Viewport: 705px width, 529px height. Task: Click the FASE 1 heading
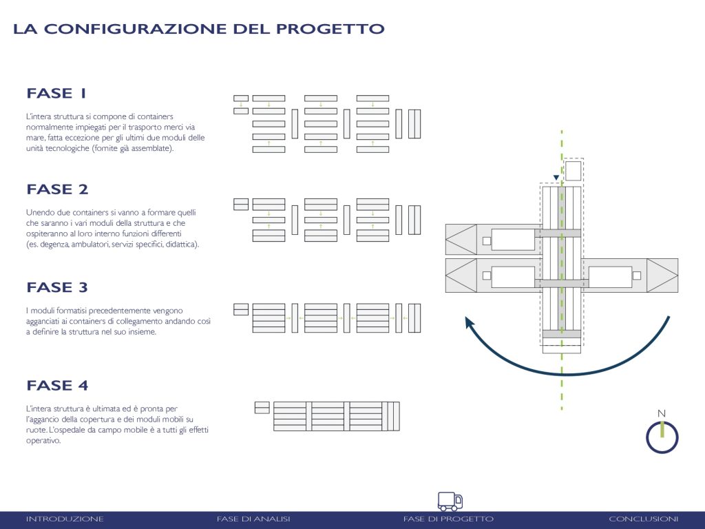coord(56,93)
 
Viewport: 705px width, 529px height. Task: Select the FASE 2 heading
coord(57,189)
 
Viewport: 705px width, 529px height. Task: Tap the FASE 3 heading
coord(57,287)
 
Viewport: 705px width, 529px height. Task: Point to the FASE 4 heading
coord(57,386)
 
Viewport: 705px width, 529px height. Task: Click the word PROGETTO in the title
coord(330,29)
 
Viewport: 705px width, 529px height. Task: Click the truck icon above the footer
coord(450,501)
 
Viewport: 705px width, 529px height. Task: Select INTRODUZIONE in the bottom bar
coord(65,519)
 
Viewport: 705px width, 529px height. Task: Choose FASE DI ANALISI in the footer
coord(253,519)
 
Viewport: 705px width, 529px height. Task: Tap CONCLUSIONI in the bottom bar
coord(644,519)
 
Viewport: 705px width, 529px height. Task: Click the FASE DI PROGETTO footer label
coord(448,519)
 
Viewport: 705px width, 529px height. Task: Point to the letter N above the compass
coord(662,413)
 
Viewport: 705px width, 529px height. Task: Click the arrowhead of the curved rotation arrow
coord(470,322)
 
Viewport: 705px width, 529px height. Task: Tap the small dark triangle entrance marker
coord(556,178)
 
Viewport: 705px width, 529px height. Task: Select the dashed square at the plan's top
coord(574,171)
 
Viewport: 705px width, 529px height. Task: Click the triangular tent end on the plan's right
coord(662,276)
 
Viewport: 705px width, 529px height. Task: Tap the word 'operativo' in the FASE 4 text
coord(43,441)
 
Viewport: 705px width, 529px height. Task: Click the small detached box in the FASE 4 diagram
coord(262,408)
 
